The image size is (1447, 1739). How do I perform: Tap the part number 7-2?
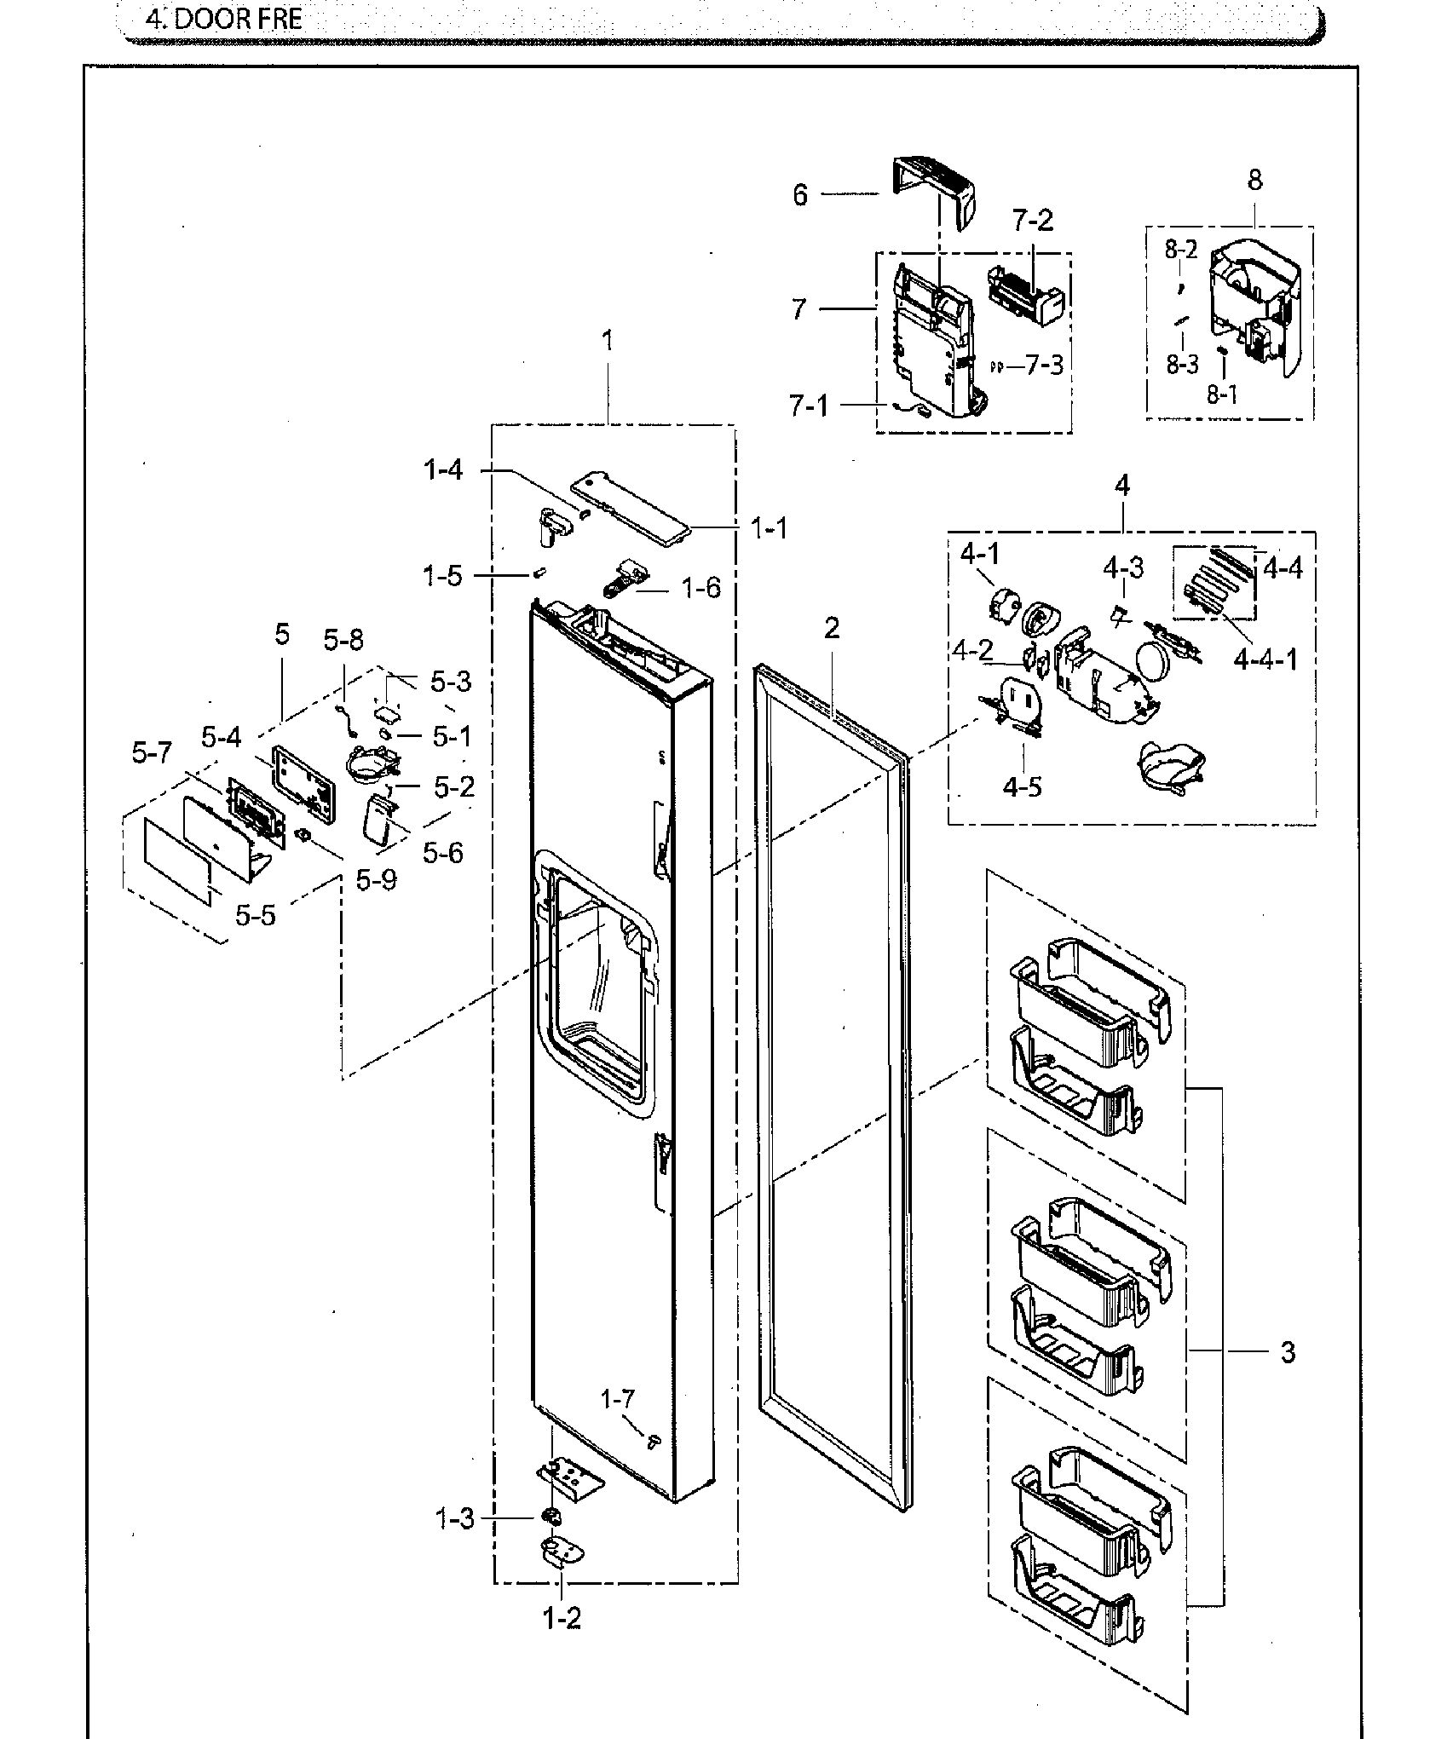pos(1033,221)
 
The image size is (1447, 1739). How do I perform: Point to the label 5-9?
pos(376,880)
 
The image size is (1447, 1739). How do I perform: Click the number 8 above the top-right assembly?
pos(1254,180)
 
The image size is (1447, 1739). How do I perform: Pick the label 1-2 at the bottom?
pos(562,1618)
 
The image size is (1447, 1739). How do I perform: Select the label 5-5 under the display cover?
pos(256,916)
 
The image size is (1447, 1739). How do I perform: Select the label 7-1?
pos(808,406)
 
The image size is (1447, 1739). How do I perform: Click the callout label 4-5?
pos(1022,786)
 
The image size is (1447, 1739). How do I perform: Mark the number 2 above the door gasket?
pos(832,628)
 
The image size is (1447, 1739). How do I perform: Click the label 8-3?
pos(1182,365)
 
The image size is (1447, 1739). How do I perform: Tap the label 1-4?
pos(444,469)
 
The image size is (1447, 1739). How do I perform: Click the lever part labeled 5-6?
pos(378,821)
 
